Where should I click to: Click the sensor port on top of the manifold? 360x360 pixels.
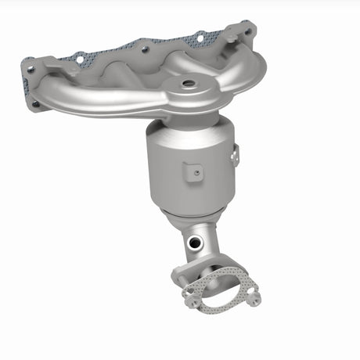pos(189,82)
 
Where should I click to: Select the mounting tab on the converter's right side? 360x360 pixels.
pos(233,157)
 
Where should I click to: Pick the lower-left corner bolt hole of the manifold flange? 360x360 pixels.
pos(34,103)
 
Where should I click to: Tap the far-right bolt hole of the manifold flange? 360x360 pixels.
pos(249,32)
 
